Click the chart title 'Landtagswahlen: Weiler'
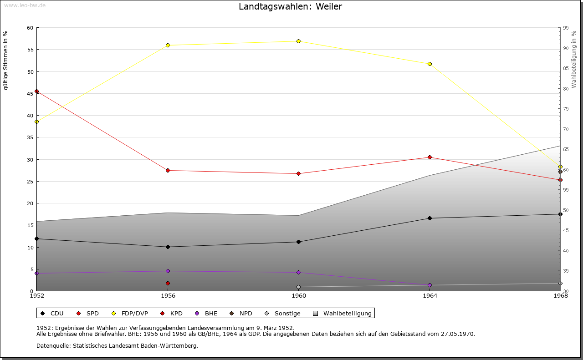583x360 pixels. click(x=290, y=7)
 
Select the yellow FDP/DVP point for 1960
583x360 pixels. click(x=299, y=41)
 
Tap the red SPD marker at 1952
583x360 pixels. click(x=37, y=91)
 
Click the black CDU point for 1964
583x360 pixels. click(x=430, y=218)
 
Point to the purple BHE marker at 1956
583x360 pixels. click(x=168, y=271)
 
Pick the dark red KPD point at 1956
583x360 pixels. click(x=168, y=284)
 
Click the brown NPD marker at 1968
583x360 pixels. click(x=560, y=172)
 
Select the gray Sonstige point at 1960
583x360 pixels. click(x=299, y=287)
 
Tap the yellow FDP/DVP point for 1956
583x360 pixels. click(x=168, y=46)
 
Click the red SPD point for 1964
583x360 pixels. click(x=430, y=157)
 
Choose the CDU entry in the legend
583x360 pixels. click(x=52, y=314)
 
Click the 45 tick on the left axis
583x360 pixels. click(x=30, y=94)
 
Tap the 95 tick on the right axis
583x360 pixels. click(x=566, y=28)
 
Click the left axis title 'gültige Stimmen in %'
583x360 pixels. click(x=6, y=60)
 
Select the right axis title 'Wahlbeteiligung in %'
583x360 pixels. click(x=574, y=59)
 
